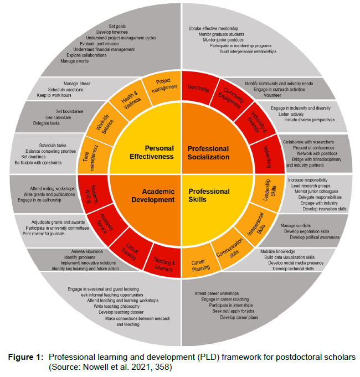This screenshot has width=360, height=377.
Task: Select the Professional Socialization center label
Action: click(208, 152)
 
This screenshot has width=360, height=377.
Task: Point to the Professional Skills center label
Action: click(208, 195)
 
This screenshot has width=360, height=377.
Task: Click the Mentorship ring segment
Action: click(198, 87)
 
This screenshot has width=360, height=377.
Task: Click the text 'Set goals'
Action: click(117, 27)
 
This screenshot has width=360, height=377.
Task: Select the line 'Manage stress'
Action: click(76, 84)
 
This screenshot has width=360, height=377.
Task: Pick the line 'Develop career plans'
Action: click(239, 317)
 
